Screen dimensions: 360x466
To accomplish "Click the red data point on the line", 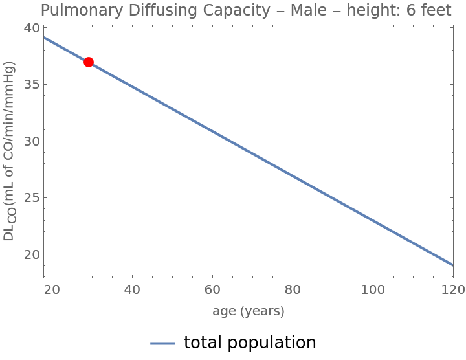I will click(x=89, y=62).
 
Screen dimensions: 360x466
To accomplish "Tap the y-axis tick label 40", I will click(x=32, y=28).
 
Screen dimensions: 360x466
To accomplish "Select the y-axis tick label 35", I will click(x=32, y=85).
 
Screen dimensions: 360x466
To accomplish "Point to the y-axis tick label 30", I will click(x=32, y=141).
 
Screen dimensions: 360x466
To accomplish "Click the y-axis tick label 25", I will click(x=32, y=198).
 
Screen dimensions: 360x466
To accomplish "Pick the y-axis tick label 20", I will click(x=32, y=254).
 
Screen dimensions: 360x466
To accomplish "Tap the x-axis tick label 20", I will click(x=52, y=288).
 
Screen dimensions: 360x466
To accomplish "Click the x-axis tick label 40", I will click(x=132, y=288).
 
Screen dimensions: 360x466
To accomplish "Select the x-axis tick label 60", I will click(x=212, y=288).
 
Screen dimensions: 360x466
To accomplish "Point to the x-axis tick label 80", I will click(x=293, y=288).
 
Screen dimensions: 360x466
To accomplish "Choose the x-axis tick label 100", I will click(x=372, y=288).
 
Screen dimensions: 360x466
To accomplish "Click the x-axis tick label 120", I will click(x=452, y=288).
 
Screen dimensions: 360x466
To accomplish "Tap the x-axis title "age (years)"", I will click(x=249, y=311).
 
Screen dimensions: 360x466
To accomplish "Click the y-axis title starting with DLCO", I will click(x=9, y=151).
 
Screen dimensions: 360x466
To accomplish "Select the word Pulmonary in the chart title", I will click(x=78, y=10).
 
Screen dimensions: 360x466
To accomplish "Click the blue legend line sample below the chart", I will click(x=163, y=343).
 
